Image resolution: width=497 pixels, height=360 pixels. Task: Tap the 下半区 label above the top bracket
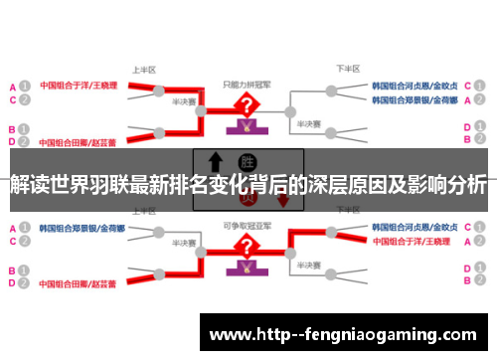345,70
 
